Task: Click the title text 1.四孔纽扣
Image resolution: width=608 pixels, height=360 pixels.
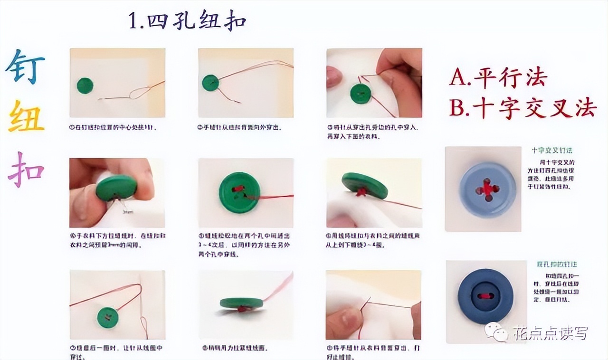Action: click(187, 22)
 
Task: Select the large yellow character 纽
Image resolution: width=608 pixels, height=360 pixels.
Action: click(27, 116)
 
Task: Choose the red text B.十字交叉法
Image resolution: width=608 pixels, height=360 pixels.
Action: click(522, 109)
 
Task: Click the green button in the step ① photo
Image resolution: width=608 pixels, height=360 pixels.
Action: click(85, 86)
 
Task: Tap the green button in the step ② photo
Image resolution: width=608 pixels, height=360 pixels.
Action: click(210, 83)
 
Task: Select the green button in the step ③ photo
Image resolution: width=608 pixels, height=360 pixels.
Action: click(361, 94)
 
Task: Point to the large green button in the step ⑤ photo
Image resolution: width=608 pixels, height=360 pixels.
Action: click(239, 192)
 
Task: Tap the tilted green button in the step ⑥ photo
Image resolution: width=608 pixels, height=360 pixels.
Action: click(364, 186)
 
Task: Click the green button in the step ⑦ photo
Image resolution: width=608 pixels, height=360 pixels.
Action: click(107, 317)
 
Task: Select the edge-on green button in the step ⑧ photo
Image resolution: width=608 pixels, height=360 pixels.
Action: click(241, 303)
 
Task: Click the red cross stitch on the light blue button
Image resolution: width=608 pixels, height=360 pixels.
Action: click(487, 189)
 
